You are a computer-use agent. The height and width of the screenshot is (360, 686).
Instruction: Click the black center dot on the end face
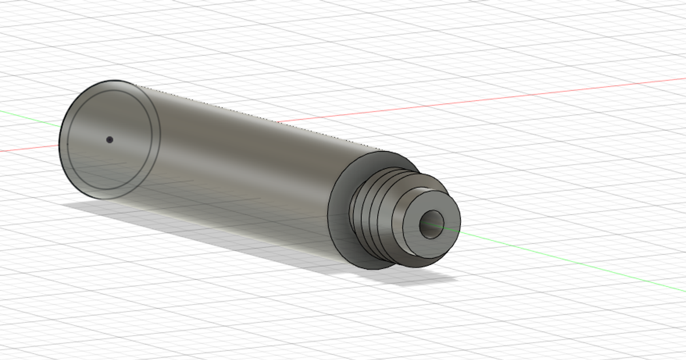click(109, 139)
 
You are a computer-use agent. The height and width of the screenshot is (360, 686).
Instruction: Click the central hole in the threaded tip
click(431, 224)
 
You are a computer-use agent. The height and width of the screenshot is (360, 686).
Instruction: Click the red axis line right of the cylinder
click(514, 97)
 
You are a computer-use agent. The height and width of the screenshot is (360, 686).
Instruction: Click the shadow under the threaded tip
click(423, 277)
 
